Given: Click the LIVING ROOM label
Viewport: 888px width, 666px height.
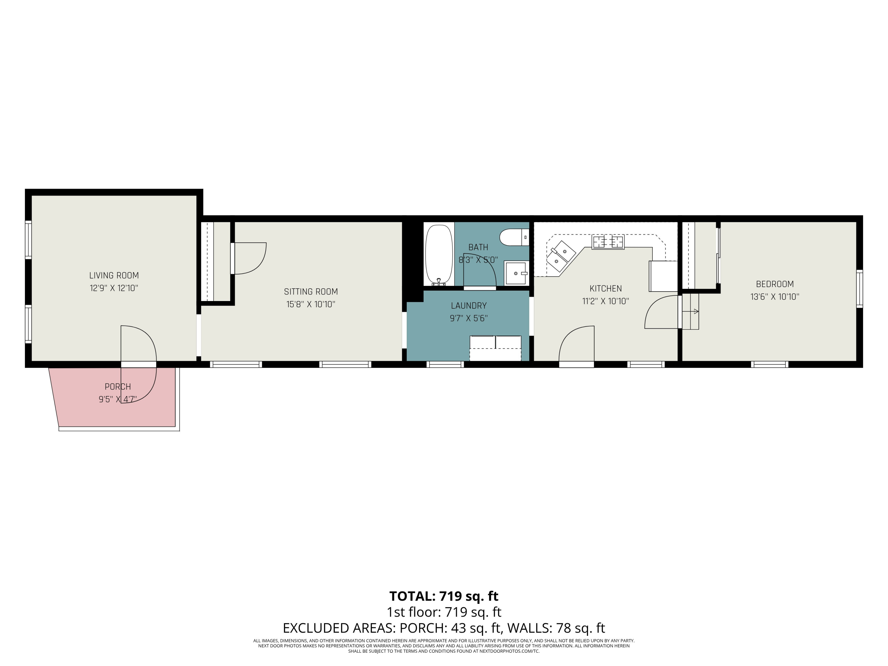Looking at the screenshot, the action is [x=114, y=275].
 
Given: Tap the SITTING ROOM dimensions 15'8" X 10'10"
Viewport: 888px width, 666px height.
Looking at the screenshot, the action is [x=311, y=304].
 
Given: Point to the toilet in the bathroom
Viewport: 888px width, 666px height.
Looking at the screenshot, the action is [x=514, y=237].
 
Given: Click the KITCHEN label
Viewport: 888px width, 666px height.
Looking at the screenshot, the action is [x=605, y=288].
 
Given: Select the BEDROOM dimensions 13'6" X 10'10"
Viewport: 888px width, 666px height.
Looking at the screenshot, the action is [x=775, y=297].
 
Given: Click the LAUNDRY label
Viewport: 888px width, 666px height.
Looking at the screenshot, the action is [x=469, y=305].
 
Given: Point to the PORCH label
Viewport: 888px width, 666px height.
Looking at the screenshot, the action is [x=118, y=387].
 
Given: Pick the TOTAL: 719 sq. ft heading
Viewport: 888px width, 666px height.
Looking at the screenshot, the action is [x=444, y=596].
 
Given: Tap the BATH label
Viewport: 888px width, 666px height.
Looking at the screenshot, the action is [x=478, y=247].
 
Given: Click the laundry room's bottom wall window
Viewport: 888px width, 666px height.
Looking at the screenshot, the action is [x=445, y=364].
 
